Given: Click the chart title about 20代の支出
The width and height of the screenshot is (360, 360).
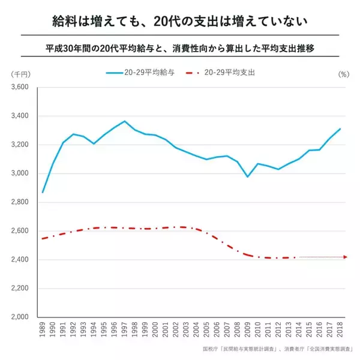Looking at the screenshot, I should (x=179, y=22).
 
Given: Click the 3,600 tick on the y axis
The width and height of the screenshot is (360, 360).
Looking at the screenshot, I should (x=20, y=87).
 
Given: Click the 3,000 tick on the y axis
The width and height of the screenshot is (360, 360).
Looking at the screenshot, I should (x=20, y=173).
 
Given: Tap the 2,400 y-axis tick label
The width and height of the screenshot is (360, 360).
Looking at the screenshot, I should (x=20, y=260).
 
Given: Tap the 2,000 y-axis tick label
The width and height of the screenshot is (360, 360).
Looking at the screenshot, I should (x=20, y=317).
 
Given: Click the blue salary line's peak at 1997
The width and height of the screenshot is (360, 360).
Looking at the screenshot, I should (x=124, y=121).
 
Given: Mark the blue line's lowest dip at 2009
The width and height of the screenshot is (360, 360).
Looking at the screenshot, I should (x=247, y=177).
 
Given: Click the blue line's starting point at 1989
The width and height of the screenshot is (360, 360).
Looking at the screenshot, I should (x=43, y=193).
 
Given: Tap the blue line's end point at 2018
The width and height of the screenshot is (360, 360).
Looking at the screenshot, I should (x=340, y=128).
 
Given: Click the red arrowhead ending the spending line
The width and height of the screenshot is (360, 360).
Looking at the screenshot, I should (x=345, y=257).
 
